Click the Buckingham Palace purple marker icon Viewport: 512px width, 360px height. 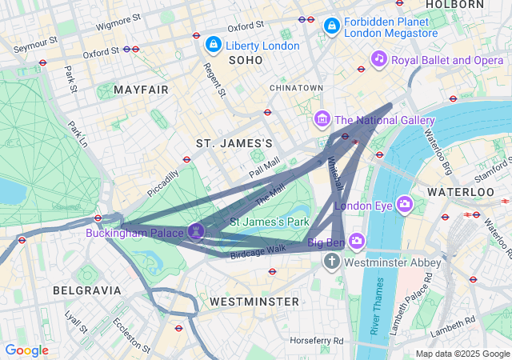pos(198,232)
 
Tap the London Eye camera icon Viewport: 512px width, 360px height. pos(404,205)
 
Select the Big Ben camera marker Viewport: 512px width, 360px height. pos(356,241)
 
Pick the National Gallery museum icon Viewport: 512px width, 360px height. pos(322,120)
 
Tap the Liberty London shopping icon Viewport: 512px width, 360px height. pos(213,45)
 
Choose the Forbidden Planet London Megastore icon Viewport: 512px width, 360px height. pos(331,26)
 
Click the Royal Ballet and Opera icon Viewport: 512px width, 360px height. pos(379,59)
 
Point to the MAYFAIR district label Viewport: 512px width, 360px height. pos(141,90)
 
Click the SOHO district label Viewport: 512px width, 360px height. pos(245,60)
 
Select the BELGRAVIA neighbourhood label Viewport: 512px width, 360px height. pos(86,290)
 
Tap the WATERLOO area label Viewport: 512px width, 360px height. pos(460,192)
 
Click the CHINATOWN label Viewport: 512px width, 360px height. pos(296,87)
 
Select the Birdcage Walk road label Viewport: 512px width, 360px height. pos(258,250)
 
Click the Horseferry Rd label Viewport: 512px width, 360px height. pos(316,340)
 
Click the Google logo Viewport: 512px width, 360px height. pos(26,350)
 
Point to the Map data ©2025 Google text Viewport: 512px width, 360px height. pos(462,353)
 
